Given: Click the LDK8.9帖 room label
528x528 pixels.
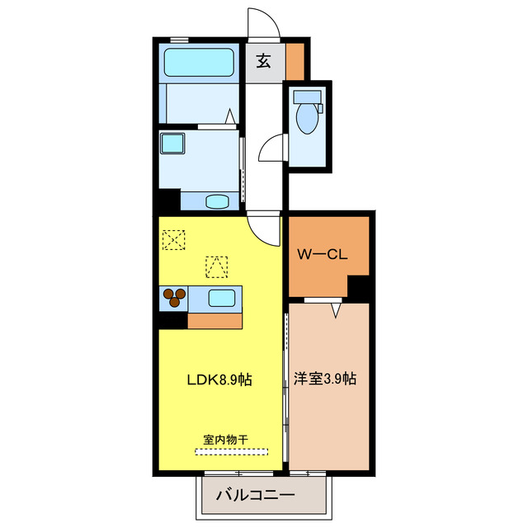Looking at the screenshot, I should coord(218,380).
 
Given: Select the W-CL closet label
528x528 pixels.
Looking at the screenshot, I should coord(323,255).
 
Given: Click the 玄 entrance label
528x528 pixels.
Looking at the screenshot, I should coord(263,60).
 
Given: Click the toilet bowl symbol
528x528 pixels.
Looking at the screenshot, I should coord(306,116).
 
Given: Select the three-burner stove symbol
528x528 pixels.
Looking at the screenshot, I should coord(174,297).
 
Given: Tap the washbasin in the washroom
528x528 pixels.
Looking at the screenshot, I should coord(217,200).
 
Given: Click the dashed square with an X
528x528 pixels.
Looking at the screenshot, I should coord(174,241).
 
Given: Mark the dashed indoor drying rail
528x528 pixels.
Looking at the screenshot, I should coord(232,451).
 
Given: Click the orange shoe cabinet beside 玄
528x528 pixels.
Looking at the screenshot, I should coord(295,60).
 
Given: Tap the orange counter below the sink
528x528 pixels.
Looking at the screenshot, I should coord(214,321).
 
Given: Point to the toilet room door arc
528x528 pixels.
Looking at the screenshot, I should coord(271,151).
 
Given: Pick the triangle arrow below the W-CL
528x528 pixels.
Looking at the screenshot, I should coord(335,310).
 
